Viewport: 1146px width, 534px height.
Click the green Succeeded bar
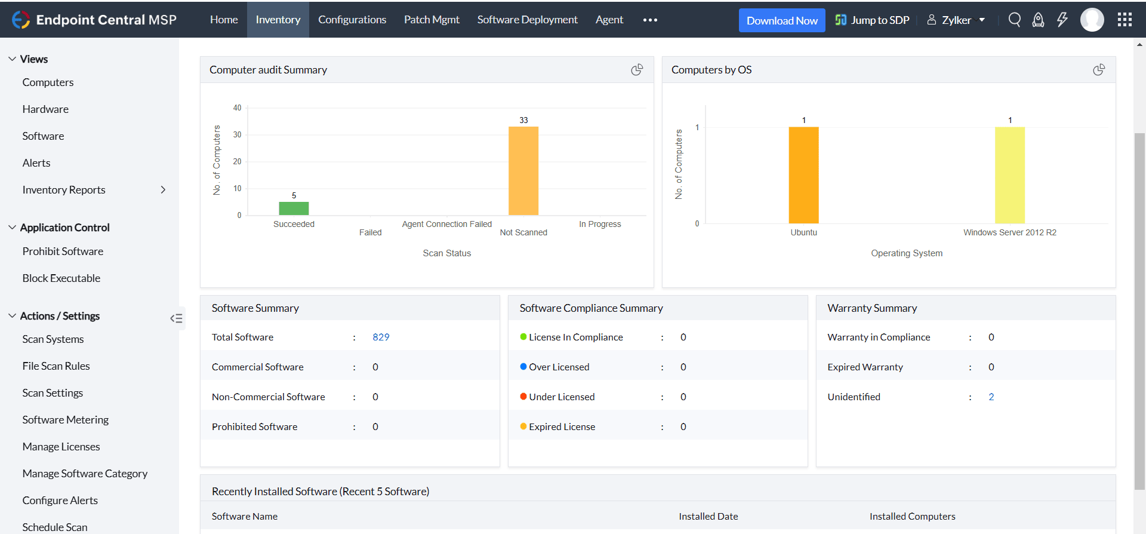tap(294, 208)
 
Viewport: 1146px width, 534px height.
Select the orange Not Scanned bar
tap(523, 171)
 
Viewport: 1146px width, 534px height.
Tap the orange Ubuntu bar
tap(803, 175)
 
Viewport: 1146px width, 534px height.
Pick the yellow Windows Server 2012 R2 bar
tap(1009, 175)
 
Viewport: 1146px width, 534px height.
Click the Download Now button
tap(782, 20)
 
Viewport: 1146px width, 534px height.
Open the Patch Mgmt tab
tap(432, 20)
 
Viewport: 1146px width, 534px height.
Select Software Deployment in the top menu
tap(527, 20)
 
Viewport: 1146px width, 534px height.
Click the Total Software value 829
tap(381, 337)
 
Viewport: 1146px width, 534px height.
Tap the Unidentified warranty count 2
tap(991, 397)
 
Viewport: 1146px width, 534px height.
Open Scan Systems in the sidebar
tap(53, 339)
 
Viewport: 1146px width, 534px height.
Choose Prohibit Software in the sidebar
tap(63, 251)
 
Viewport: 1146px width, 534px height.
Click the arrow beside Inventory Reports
tap(163, 190)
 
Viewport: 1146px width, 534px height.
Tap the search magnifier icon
tap(1014, 20)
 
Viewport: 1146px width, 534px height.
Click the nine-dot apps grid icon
tap(1125, 20)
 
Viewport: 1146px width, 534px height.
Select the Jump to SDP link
tap(873, 20)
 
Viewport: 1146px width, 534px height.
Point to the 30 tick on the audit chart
tap(238, 134)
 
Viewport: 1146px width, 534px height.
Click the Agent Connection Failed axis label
tap(446, 224)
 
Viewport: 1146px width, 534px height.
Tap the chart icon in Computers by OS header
tap(1099, 70)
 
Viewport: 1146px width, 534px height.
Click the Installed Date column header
tap(708, 516)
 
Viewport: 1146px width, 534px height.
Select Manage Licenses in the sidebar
tap(61, 447)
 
